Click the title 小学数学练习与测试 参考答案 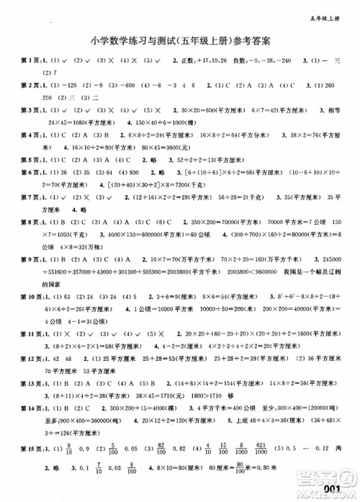180,41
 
